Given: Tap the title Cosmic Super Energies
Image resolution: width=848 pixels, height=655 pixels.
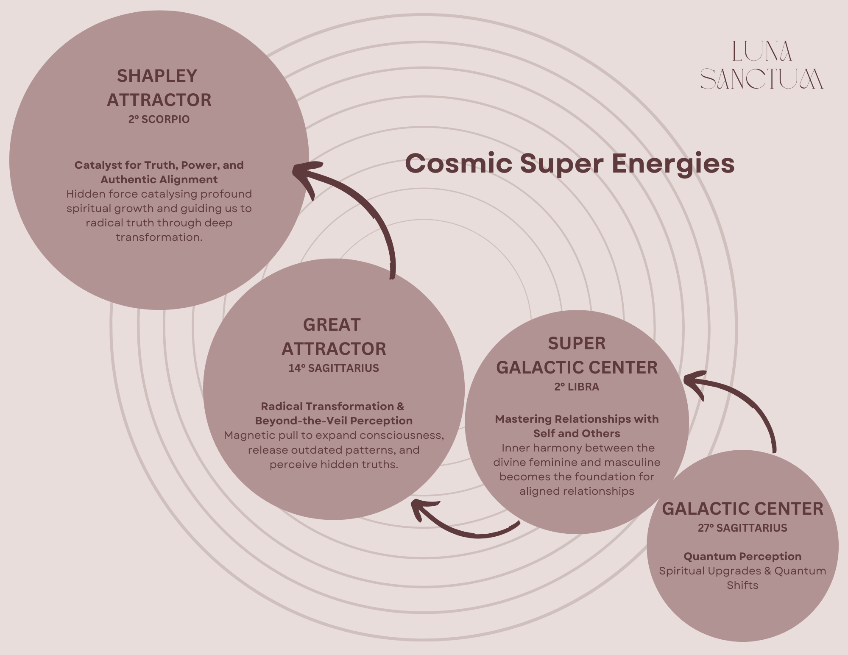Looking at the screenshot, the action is (x=569, y=164).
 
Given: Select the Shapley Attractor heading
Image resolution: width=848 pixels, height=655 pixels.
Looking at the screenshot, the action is (x=159, y=88).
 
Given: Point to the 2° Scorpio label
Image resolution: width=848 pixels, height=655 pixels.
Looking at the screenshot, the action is (x=159, y=120).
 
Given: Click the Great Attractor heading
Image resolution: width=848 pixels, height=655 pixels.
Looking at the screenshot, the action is (x=333, y=337).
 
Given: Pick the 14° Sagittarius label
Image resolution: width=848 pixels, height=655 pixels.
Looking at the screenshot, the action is (x=333, y=368).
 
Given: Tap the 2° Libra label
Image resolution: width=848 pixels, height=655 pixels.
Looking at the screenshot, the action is (x=577, y=387).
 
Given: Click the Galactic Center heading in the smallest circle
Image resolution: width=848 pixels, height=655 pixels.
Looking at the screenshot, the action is (x=742, y=509).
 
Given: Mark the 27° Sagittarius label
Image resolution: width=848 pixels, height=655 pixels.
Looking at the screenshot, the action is (x=742, y=528).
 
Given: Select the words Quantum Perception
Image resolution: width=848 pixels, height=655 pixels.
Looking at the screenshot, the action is (x=742, y=556).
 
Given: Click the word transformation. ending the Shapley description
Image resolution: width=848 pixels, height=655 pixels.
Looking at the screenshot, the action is (x=159, y=237).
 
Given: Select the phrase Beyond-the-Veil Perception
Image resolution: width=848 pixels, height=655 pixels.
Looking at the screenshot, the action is (x=333, y=421).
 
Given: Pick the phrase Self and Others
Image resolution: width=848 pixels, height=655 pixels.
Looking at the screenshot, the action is (x=577, y=434).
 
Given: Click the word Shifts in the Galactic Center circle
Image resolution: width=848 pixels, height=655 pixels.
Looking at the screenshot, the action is (x=742, y=585).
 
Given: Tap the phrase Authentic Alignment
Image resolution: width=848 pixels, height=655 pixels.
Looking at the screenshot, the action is (x=159, y=180).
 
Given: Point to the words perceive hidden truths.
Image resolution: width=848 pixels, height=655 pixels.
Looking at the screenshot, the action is (x=333, y=465).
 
